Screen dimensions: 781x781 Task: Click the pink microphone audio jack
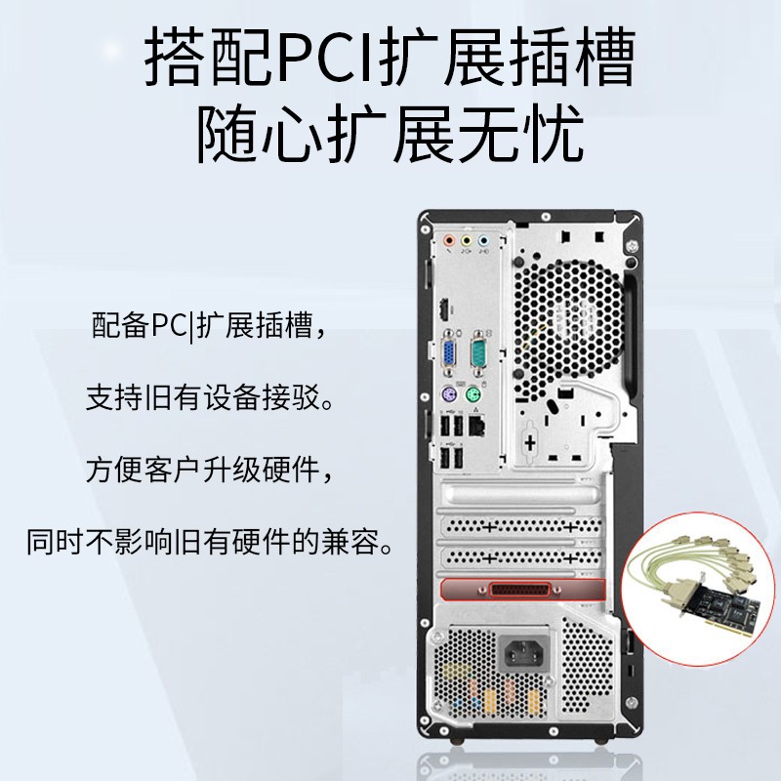(449, 241)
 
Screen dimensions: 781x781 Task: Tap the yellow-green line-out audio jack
(467, 241)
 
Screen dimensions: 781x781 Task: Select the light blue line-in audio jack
(483, 241)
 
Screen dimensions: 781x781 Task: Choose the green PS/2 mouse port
(473, 395)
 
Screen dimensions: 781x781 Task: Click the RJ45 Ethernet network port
(477, 427)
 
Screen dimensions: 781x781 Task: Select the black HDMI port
(443, 309)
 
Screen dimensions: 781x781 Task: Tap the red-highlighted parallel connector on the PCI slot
(520, 591)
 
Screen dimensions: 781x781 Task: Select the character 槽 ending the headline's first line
(604, 58)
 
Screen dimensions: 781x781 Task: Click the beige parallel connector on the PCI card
(678, 595)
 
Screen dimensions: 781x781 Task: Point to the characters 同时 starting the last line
(56, 541)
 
